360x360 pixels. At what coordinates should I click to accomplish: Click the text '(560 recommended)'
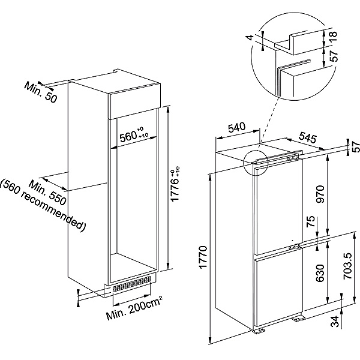[43, 205]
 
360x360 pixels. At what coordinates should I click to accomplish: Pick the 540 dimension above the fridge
[238, 128]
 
